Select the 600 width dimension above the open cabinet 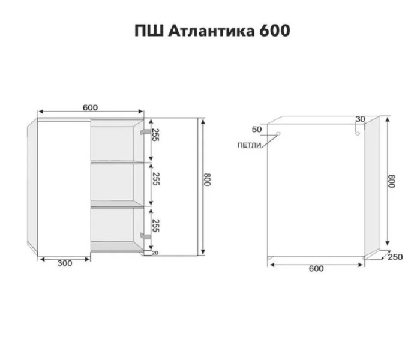pos(90,107)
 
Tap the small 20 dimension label pos(154,253)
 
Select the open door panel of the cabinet pos(60,186)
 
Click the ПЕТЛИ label pos(249,145)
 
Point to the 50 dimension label pos(257,129)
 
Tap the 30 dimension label pos(360,119)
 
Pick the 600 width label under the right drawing pos(316,268)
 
